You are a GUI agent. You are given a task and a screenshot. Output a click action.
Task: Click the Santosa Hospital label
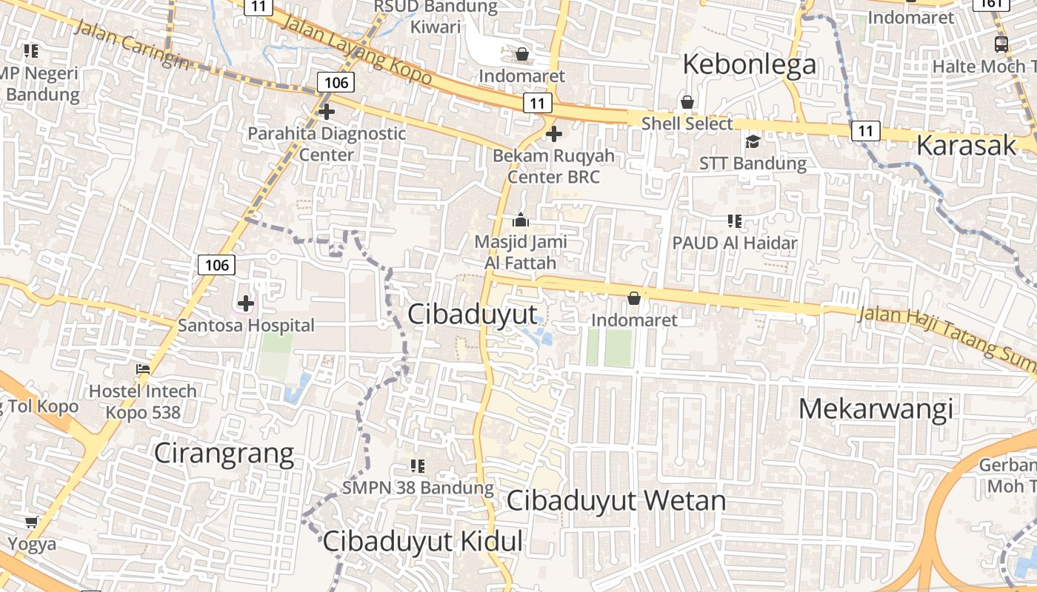[x=246, y=325]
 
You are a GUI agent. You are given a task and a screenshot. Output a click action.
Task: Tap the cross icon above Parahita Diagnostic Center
[x=327, y=112]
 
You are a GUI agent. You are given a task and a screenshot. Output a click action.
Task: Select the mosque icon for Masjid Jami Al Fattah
[x=521, y=221]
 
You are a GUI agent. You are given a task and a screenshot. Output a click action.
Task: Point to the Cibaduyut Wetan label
[x=616, y=501]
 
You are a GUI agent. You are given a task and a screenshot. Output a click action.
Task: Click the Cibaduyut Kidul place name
[x=423, y=542]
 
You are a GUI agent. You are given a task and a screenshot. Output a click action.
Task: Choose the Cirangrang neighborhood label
[x=224, y=454]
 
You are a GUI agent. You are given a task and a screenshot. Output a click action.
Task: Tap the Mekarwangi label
[x=876, y=408]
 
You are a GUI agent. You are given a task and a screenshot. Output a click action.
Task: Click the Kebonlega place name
[x=749, y=64]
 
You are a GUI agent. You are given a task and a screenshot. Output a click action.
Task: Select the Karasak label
[x=966, y=146]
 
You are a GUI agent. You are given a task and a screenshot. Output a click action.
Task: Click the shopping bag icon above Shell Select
[x=687, y=102]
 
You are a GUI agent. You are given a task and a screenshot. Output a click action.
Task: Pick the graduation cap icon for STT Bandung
[x=753, y=141]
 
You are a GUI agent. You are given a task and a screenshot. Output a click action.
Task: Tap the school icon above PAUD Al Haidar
[x=735, y=221]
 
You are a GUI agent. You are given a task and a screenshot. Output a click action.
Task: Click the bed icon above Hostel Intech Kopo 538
[x=143, y=369]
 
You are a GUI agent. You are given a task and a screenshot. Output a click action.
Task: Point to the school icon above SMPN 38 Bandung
[x=418, y=466]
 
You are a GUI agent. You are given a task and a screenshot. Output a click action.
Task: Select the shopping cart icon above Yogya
[x=31, y=522]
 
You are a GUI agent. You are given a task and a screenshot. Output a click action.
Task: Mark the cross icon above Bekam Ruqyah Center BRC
[x=553, y=134]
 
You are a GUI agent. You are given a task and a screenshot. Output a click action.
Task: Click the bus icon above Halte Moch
[x=1001, y=44]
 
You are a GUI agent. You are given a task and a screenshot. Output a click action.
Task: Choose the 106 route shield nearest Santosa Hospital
[x=216, y=264]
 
